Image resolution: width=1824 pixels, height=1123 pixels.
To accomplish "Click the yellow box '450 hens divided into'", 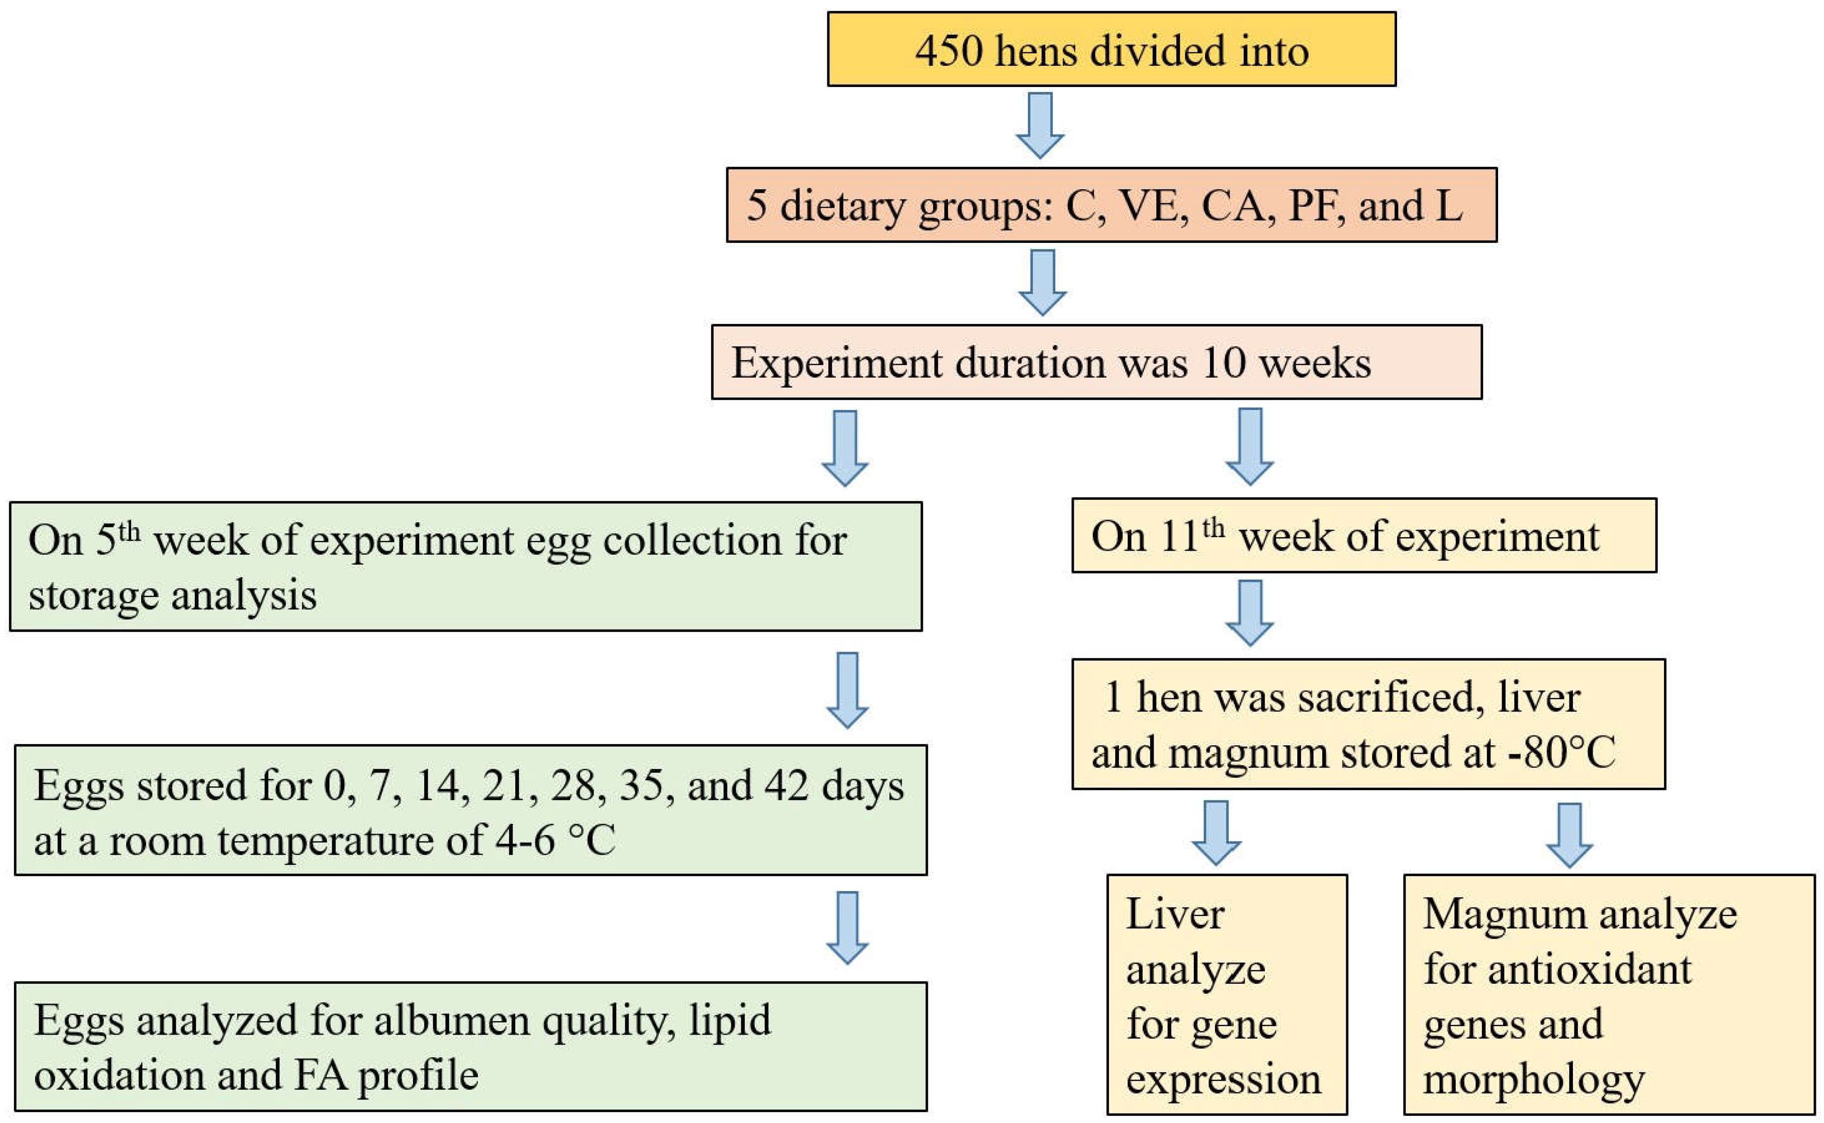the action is click(x=1112, y=49).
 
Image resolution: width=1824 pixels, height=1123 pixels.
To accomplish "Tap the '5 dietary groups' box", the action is click(x=1112, y=205).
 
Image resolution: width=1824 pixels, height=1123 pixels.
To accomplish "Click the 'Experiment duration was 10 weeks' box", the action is click(x=1097, y=362).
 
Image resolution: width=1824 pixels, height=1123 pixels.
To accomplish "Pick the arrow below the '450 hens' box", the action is click(x=1040, y=126).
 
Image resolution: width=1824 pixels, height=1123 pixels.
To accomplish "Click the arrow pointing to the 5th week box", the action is click(x=845, y=448).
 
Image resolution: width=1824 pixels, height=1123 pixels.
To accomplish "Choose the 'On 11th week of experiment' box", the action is click(x=1364, y=535).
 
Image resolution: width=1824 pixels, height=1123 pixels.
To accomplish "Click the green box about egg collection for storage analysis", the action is click(x=466, y=567).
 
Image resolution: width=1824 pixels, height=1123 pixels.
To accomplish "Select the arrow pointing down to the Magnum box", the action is click(x=1569, y=835).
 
